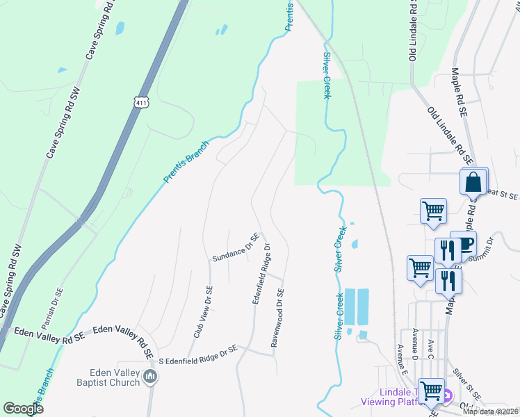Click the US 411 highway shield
tap(142, 102)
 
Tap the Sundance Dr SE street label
tap(236, 249)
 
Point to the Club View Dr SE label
tap(202, 311)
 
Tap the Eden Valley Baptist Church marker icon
tap(150, 377)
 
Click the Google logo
tap(23, 408)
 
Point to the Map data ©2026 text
tap(491, 411)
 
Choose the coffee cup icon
tap(464, 244)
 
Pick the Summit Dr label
tap(481, 251)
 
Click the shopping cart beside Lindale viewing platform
tap(432, 391)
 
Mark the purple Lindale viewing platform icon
tap(447, 396)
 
